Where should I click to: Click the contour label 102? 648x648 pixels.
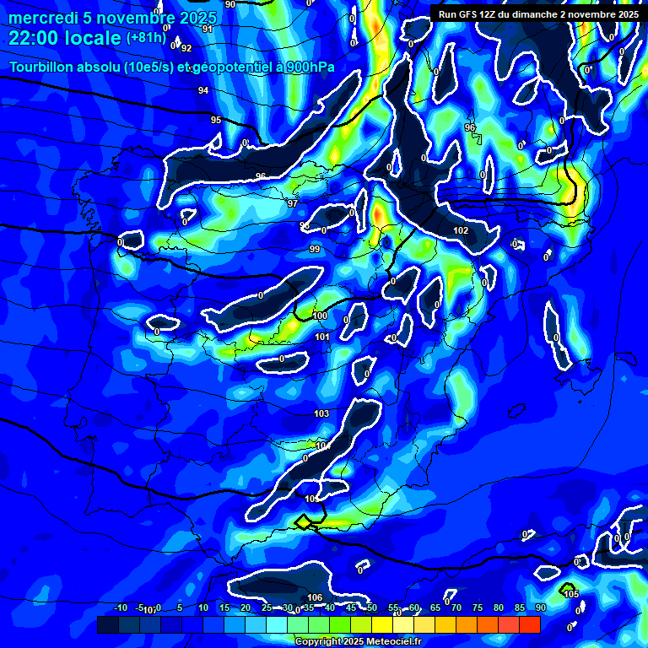point(461,230)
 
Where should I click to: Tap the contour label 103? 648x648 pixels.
point(321,413)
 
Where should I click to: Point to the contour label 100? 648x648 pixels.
point(320,316)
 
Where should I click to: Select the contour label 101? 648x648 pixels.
point(321,337)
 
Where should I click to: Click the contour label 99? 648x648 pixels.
point(315,249)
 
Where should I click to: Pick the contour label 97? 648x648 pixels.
point(293,203)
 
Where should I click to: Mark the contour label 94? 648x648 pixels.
point(203,90)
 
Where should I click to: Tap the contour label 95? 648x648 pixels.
point(216,120)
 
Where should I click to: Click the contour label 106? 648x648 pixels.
point(315,597)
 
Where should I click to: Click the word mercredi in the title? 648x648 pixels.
point(43,18)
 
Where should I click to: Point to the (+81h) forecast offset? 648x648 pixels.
point(146,38)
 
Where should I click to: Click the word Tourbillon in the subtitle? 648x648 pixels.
point(46,67)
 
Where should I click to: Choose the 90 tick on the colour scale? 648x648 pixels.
point(540,607)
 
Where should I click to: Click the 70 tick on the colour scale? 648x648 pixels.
point(456,607)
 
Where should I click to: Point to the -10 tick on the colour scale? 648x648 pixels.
point(120,607)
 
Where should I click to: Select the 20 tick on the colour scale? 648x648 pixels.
point(246,607)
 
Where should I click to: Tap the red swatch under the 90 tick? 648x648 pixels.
point(529,624)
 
